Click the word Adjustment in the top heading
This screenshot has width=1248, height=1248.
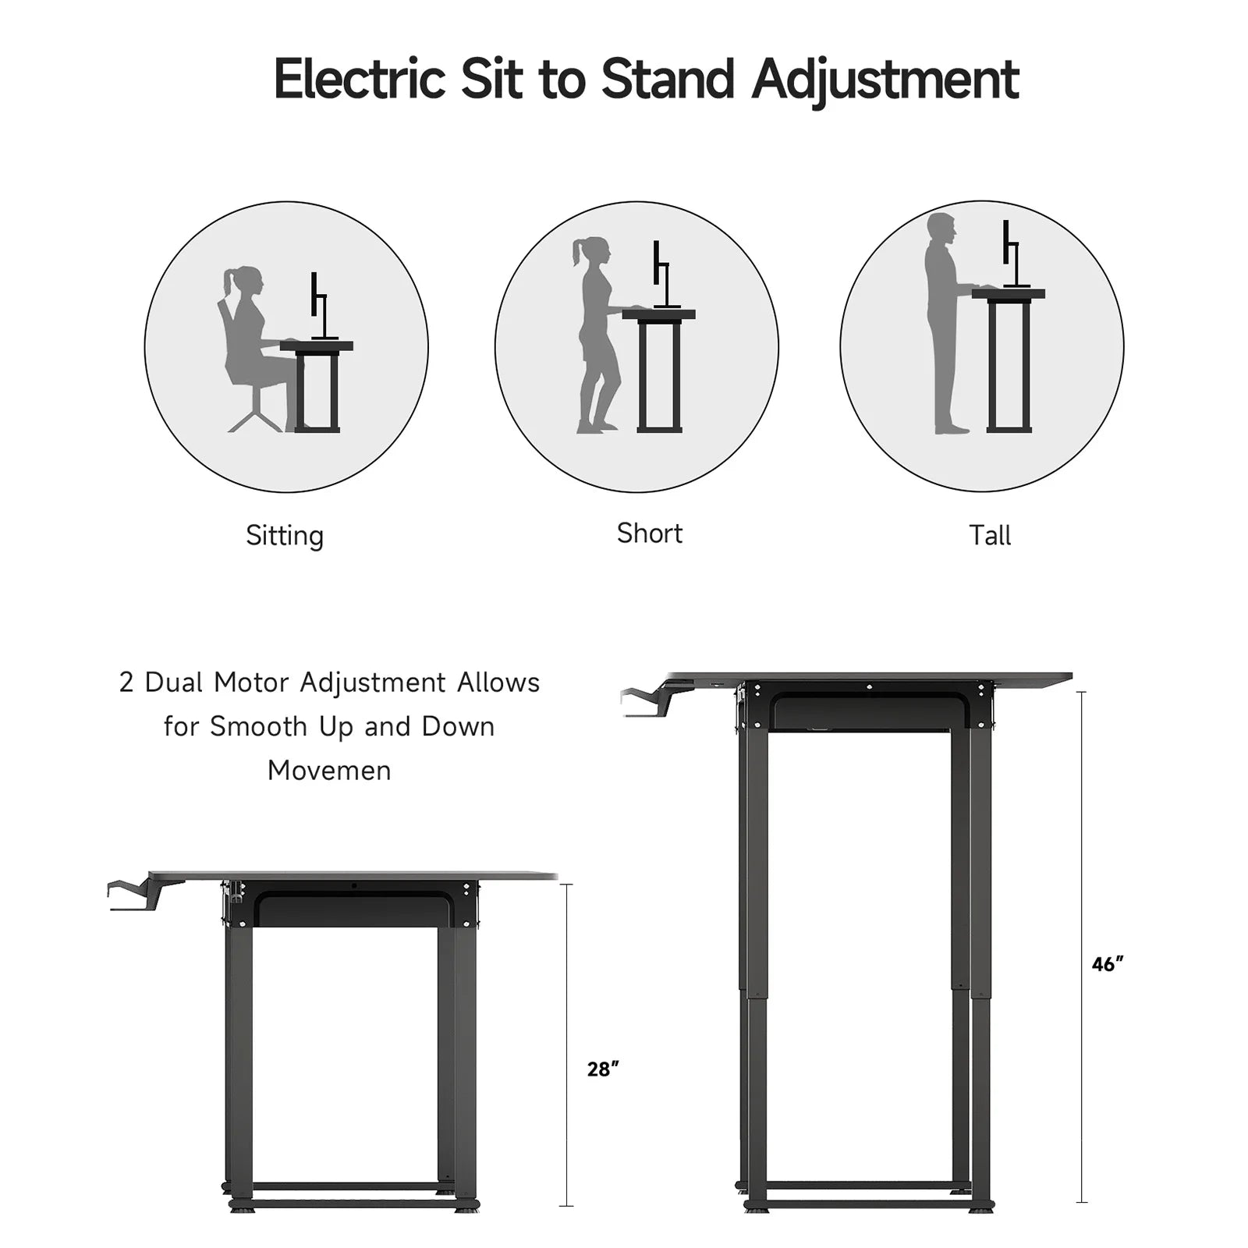885,81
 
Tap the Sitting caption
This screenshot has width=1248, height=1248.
285,535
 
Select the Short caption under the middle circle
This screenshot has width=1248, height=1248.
649,534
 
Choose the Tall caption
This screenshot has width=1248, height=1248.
990,535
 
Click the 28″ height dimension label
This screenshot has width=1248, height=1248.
603,1069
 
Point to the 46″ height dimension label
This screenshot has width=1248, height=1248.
1108,964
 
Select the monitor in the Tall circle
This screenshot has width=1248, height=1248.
1012,253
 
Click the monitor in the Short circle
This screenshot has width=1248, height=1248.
662,273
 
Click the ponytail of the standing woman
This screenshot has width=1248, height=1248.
579,251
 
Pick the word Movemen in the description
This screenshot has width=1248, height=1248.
329,771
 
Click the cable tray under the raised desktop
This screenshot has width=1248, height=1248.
870,713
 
